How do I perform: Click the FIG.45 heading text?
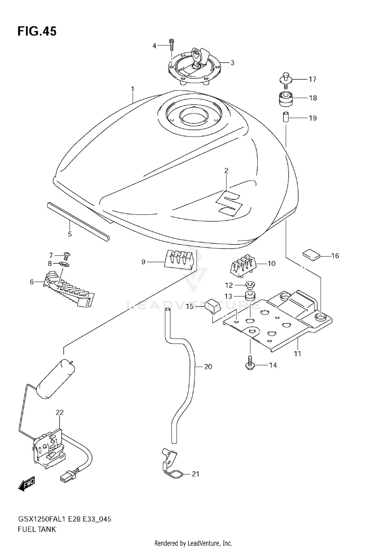point(37,31)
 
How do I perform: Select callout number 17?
point(312,79)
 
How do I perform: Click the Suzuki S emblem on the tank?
point(230,204)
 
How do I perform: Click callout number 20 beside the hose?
point(208,366)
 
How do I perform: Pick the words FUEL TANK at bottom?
point(37,529)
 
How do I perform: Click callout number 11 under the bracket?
point(297,354)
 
